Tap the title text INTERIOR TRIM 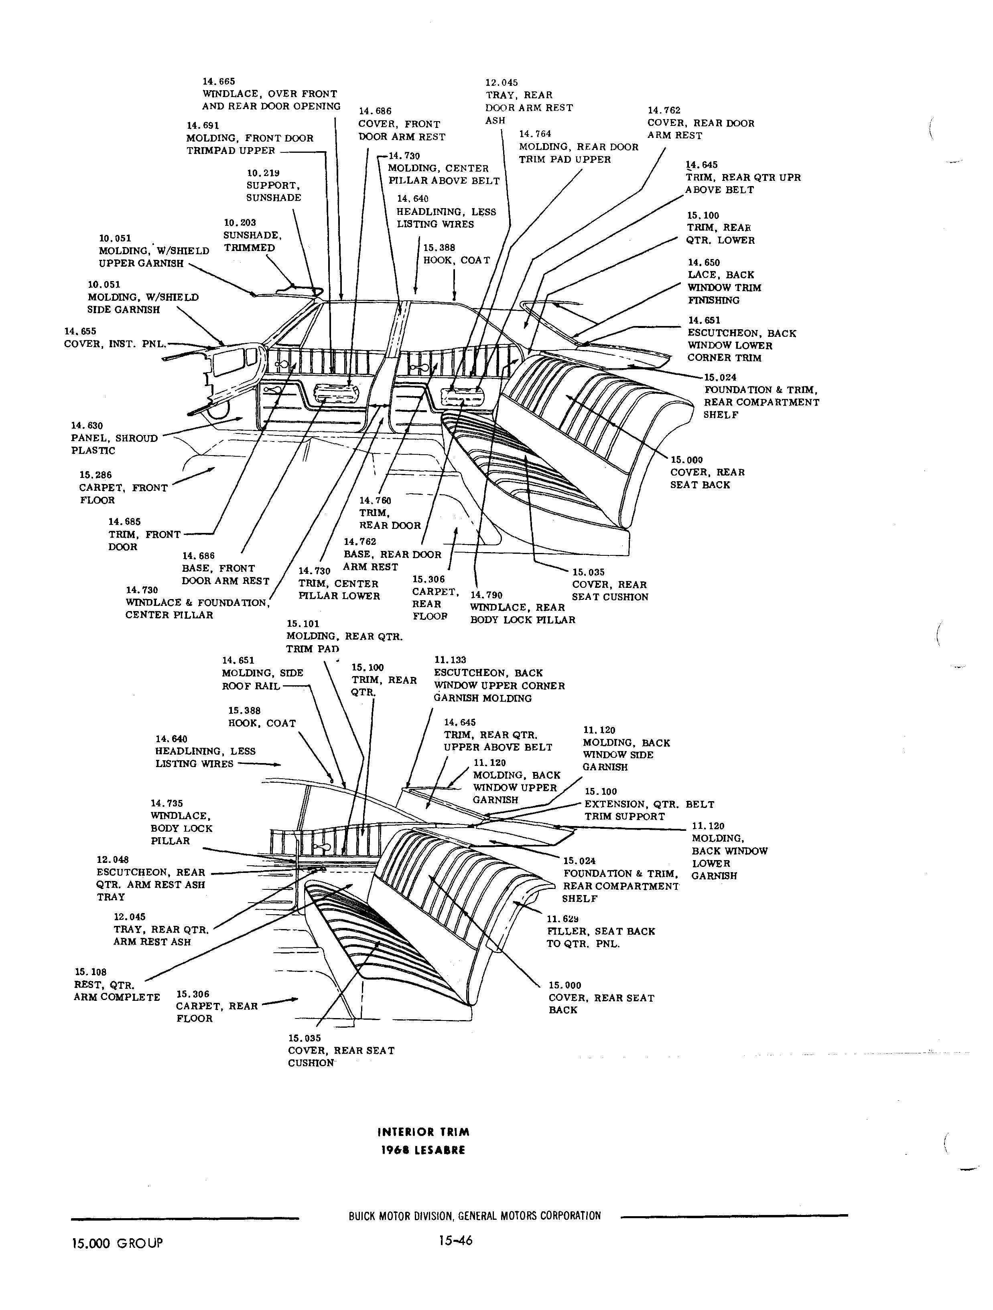pos(424,1132)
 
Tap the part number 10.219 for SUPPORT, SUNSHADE pos(263,173)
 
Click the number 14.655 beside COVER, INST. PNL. pos(80,332)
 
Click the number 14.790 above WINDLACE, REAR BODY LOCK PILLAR pos(486,595)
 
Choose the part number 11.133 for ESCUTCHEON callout pos(450,660)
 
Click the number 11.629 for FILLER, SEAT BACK pos(563,919)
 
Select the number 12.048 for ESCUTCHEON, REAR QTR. pos(113,859)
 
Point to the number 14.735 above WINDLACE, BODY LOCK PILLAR pos(167,803)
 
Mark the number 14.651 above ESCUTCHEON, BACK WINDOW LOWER pos(704,320)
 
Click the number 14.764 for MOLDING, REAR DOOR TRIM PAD pos(535,134)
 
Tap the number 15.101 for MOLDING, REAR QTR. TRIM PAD pos(303,624)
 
